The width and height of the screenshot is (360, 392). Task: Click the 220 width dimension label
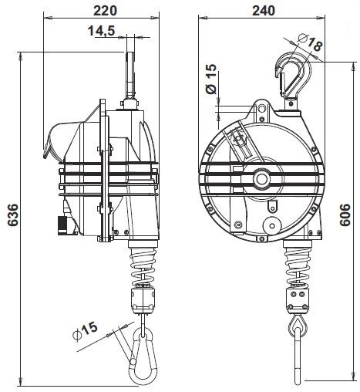pos(105,11)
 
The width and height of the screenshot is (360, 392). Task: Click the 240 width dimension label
pos(264,11)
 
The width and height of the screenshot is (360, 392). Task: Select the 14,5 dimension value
pos(101,31)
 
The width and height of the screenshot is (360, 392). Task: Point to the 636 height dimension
pos(12,215)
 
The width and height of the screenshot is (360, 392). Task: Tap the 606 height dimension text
pos(345,215)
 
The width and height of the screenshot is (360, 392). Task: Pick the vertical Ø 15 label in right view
pos(211,79)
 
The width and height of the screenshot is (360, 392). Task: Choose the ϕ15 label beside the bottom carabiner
pos(86,332)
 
